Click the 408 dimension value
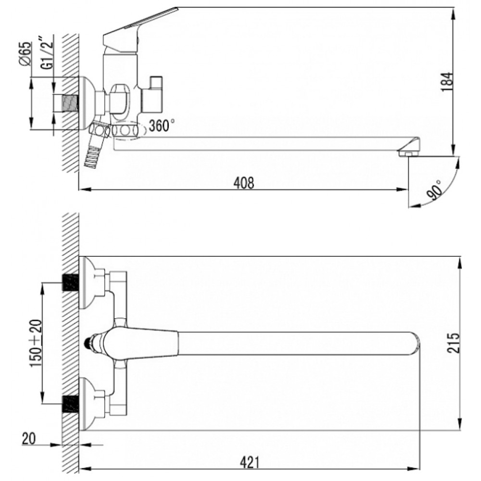click(244, 183)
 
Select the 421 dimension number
click(249, 462)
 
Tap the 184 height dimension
click(446, 82)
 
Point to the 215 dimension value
click(454, 342)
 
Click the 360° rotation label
click(162, 125)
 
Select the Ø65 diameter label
click(25, 53)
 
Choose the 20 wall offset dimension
click(28, 438)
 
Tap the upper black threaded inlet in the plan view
click(70, 282)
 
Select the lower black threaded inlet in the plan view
click(70, 404)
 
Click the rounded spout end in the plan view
click(415, 343)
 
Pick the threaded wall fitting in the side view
click(70, 103)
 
